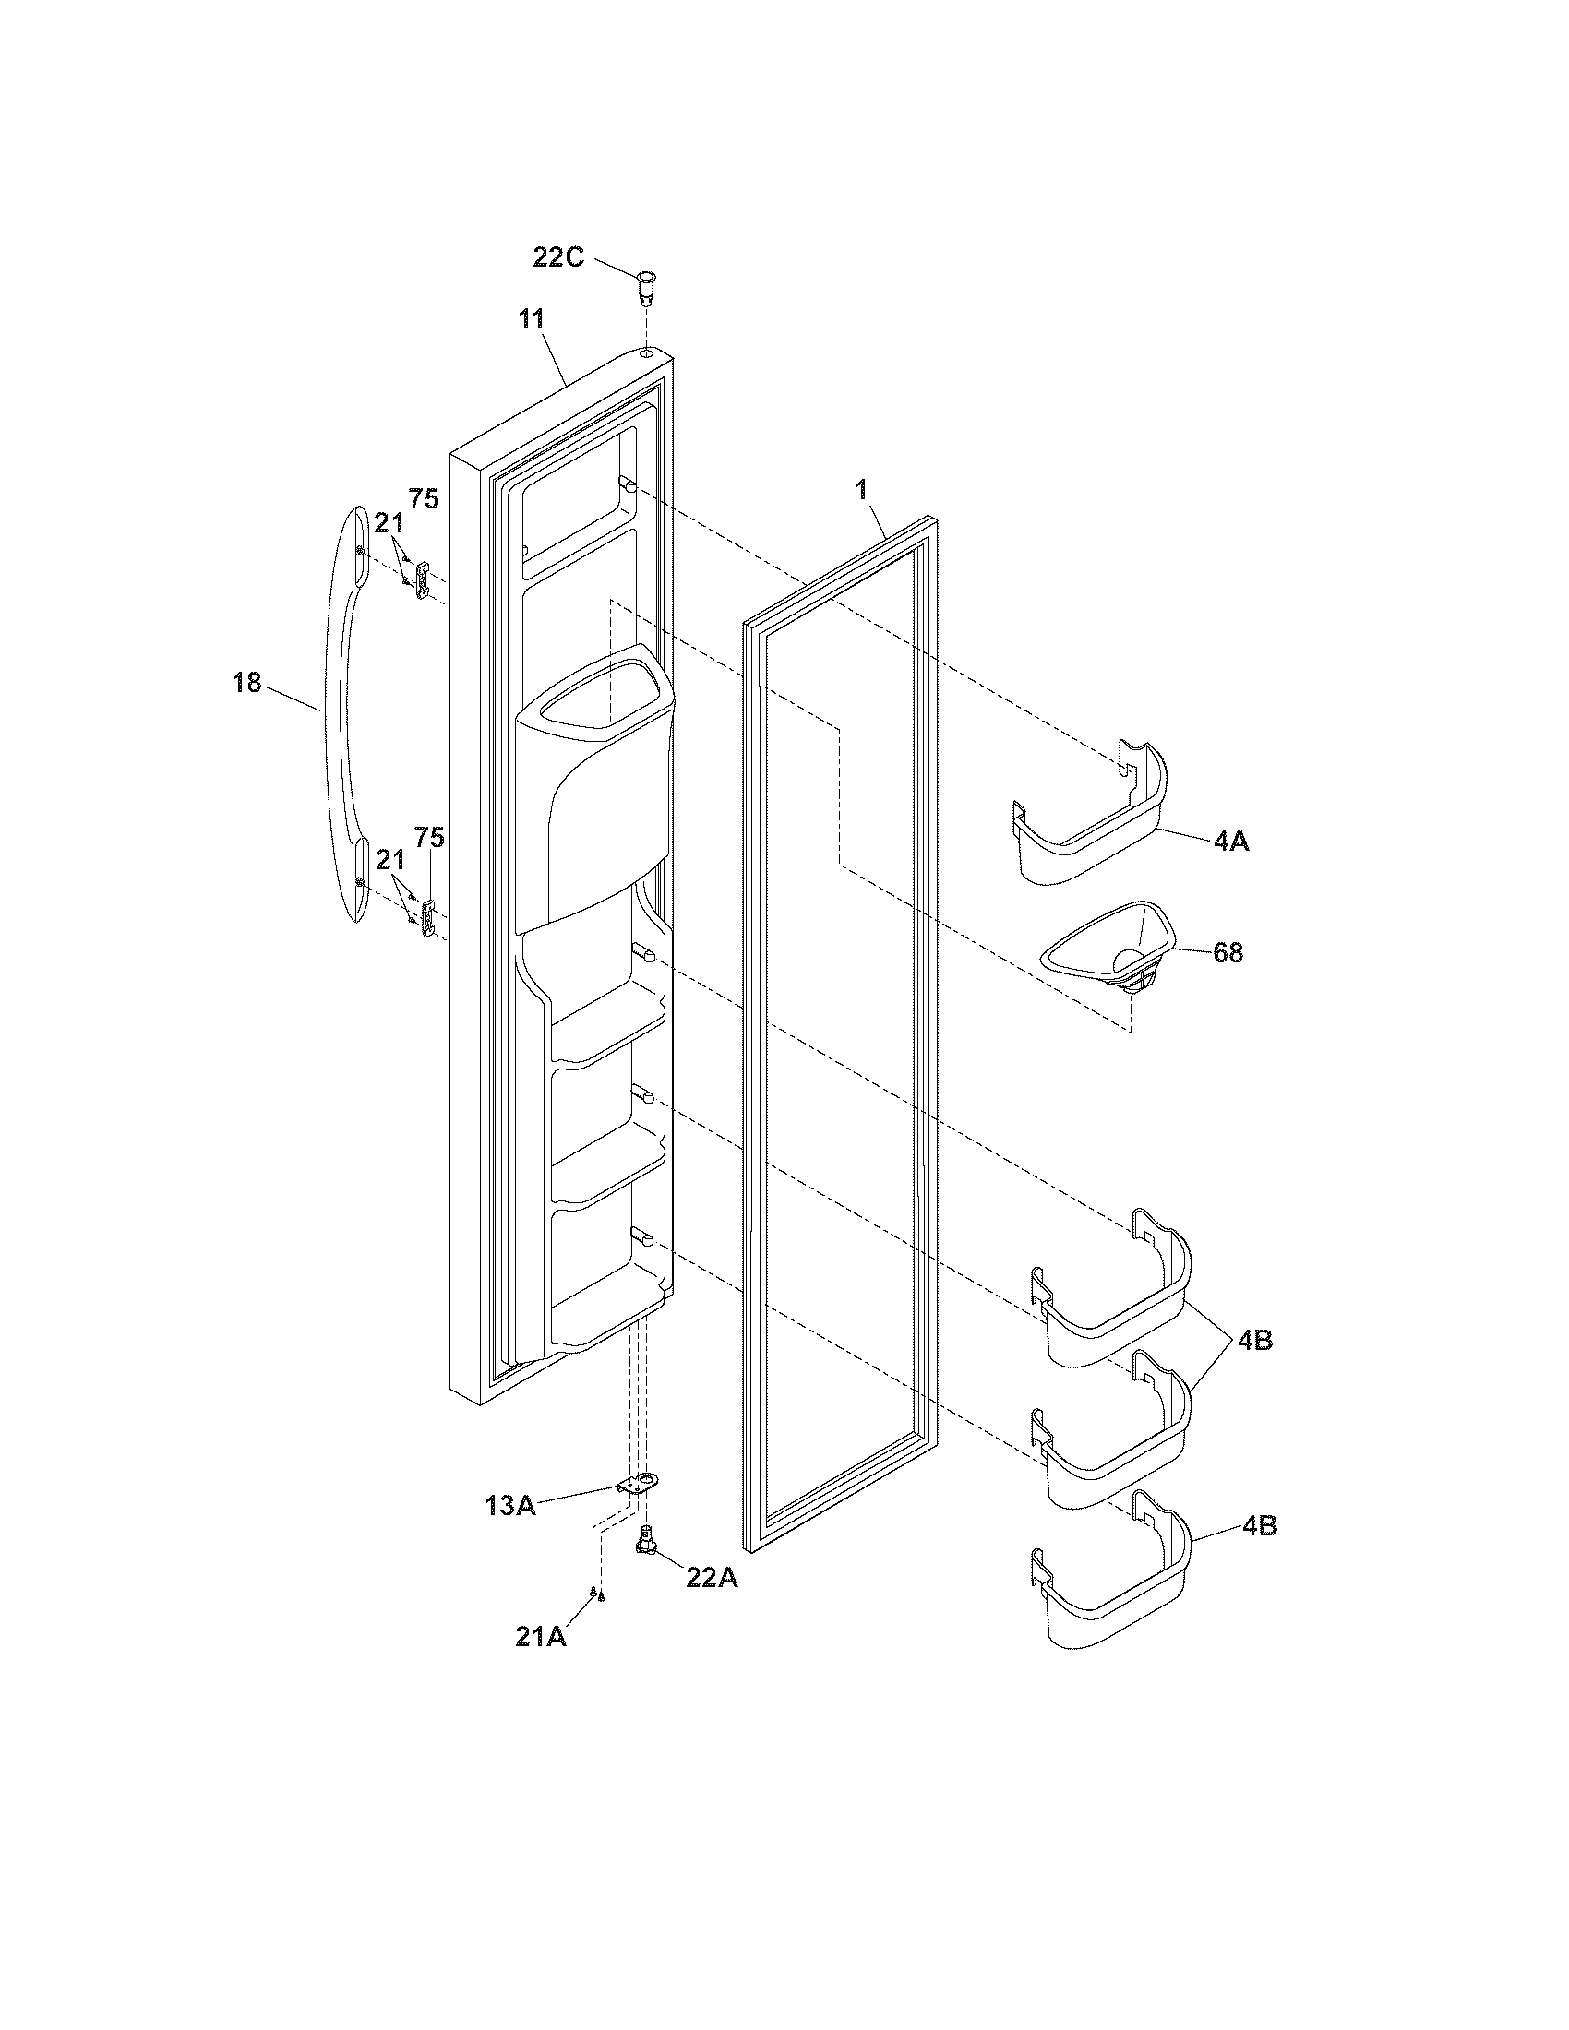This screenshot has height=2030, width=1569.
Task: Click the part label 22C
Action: pyautogui.click(x=557, y=257)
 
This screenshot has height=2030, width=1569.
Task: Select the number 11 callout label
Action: pyautogui.click(x=532, y=320)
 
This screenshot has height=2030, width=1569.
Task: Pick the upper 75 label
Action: pyautogui.click(x=425, y=498)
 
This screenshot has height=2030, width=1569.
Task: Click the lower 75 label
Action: pyautogui.click(x=428, y=838)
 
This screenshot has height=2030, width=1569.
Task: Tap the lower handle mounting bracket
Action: pyautogui.click(x=427, y=919)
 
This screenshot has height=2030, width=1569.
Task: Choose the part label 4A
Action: pyautogui.click(x=1229, y=842)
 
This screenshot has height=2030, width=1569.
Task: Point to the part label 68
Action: pyautogui.click(x=1228, y=953)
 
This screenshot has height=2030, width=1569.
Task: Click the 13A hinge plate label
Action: pyautogui.click(x=510, y=1505)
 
